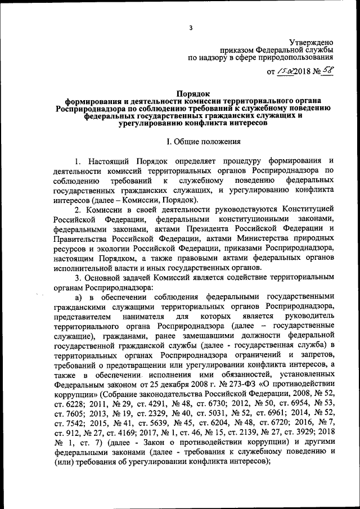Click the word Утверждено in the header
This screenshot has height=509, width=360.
click(311, 42)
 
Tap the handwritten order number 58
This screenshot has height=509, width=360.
click(324, 71)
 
